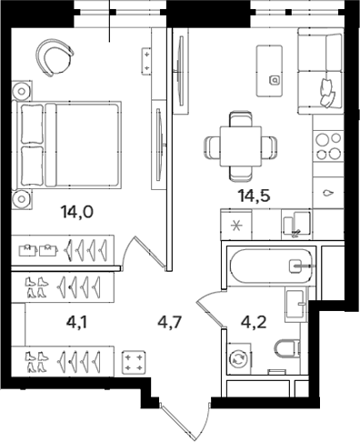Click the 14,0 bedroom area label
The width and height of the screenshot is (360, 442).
[x=76, y=214]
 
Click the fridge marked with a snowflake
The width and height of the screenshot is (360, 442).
[x=237, y=225]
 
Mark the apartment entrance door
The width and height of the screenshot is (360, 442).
[x=187, y=418]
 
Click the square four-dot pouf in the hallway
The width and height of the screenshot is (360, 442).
[x=134, y=362]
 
